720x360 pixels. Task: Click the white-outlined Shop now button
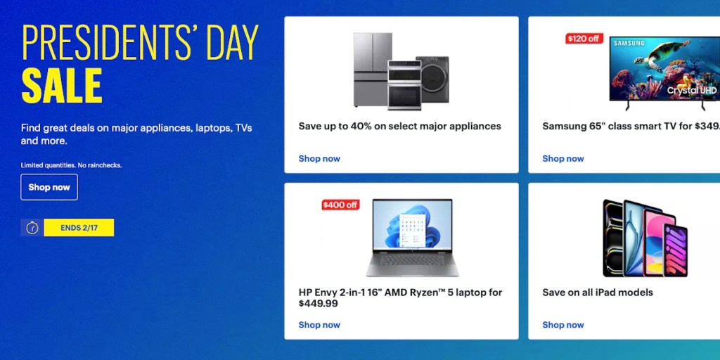[x=49, y=187]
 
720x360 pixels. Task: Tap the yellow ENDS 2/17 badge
[x=79, y=228]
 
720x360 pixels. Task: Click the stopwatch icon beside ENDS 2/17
[x=32, y=228]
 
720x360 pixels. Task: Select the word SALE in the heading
[x=62, y=85]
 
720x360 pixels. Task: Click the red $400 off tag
[x=340, y=205]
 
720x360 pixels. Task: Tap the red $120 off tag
[x=584, y=39]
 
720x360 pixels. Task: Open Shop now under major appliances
[x=319, y=158]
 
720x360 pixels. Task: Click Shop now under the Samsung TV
[x=563, y=158]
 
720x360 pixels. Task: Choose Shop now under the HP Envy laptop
[x=319, y=325]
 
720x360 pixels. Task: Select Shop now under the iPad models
[x=563, y=325]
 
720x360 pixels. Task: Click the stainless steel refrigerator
[x=371, y=70]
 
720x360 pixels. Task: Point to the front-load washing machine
[x=432, y=79]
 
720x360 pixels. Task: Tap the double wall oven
[x=404, y=85]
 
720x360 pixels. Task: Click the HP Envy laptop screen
[x=412, y=225]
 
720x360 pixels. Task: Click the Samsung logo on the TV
[x=629, y=43]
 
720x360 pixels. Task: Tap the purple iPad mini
[x=676, y=250]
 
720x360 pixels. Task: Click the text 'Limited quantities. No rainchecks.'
[x=71, y=165]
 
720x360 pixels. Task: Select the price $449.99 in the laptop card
[x=319, y=304]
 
